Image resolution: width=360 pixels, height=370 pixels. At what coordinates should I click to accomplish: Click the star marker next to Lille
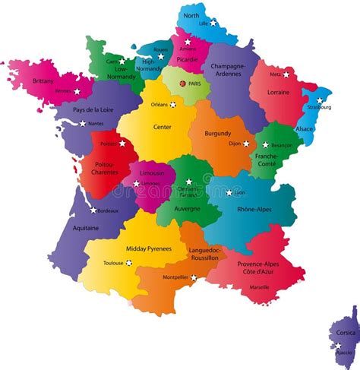pyautogui.click(x=213, y=23)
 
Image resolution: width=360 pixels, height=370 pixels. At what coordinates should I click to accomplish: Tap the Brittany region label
pyautogui.click(x=43, y=81)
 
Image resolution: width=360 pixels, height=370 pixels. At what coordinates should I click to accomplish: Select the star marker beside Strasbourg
pyautogui.click(x=320, y=100)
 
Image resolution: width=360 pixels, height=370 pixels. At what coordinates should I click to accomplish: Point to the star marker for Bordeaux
pyautogui.click(x=94, y=210)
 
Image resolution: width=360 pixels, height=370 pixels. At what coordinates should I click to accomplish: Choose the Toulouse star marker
pyautogui.click(x=129, y=263)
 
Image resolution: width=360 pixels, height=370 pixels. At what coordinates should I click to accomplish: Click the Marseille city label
pyautogui.click(x=259, y=288)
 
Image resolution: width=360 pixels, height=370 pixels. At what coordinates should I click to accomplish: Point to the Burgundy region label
pyautogui.click(x=218, y=133)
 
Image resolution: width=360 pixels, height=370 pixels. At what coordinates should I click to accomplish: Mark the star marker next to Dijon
pyautogui.click(x=246, y=144)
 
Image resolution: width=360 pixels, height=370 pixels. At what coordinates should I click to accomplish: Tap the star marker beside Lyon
pyautogui.click(x=229, y=192)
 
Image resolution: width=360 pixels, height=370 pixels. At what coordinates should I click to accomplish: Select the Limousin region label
pyautogui.click(x=151, y=172)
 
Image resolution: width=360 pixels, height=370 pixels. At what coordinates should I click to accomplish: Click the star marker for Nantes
pyautogui.click(x=83, y=123)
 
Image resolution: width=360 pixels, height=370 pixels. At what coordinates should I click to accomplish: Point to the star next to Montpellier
pyautogui.click(x=194, y=277)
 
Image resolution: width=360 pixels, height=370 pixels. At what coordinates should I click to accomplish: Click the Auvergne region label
pyautogui.click(x=188, y=207)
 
